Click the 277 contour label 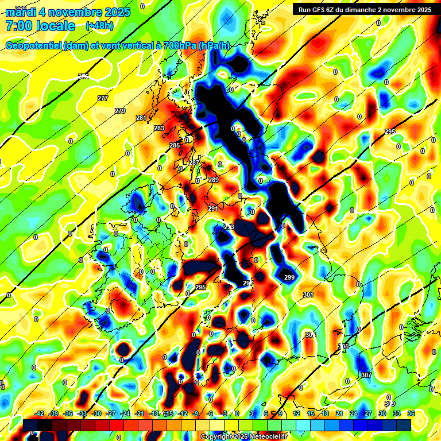[x=103, y=99]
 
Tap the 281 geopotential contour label [x=141, y=118]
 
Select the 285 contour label [x=175, y=146]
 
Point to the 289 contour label [x=214, y=180]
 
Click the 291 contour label [x=212, y=208]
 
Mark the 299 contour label [x=289, y=277]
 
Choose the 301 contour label [x=308, y=295]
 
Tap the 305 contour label [x=343, y=346]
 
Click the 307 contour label [x=366, y=375]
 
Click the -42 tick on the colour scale [x=40, y=413]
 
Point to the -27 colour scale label [x=111, y=413]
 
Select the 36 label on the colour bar [x=411, y=413]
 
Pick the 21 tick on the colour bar [x=339, y=413]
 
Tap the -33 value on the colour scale [x=83, y=413]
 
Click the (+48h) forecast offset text [x=99, y=26]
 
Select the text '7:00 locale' [x=40, y=26]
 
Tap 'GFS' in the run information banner [x=321, y=10]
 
